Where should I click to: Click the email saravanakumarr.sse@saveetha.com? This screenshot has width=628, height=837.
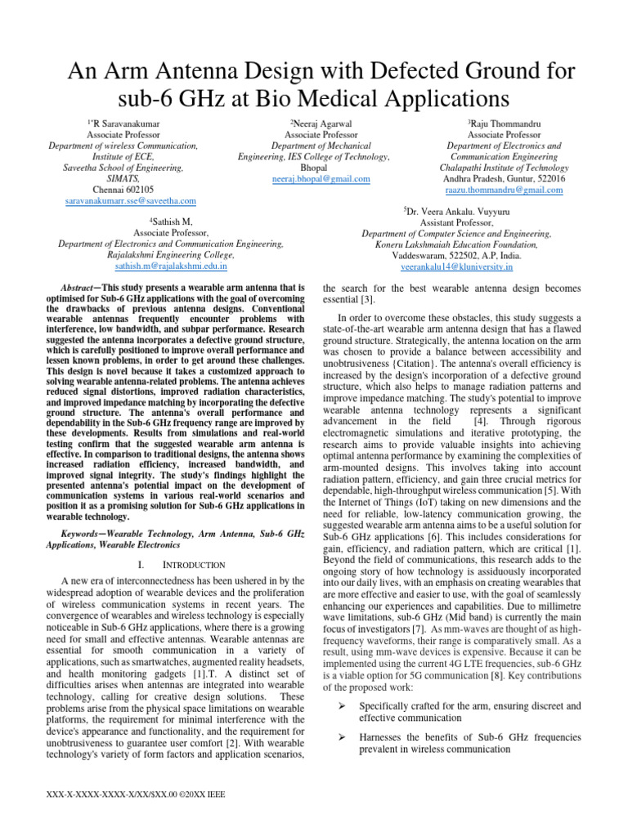pos(130,201)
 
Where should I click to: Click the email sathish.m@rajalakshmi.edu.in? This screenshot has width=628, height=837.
pos(171,266)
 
